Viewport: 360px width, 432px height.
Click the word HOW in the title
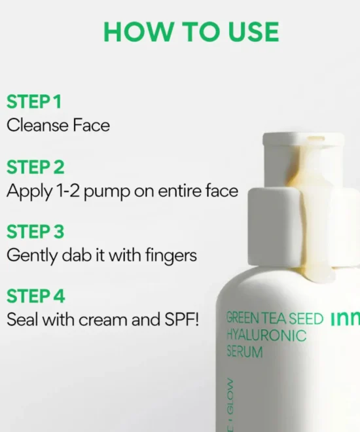point(137,31)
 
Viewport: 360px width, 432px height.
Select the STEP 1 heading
point(33,101)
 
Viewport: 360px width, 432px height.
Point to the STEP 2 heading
point(35,167)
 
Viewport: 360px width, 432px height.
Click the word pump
point(106,192)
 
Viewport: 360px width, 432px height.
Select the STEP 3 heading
point(35,232)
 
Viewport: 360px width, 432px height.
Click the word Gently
point(32,256)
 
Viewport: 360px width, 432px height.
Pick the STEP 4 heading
point(35,296)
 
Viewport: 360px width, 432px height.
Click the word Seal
point(22,320)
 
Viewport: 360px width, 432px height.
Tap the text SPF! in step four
point(181,320)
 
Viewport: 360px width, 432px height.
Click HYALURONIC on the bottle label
point(266,336)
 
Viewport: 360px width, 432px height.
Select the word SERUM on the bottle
point(245,352)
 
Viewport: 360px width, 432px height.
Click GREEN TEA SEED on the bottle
point(274,319)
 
